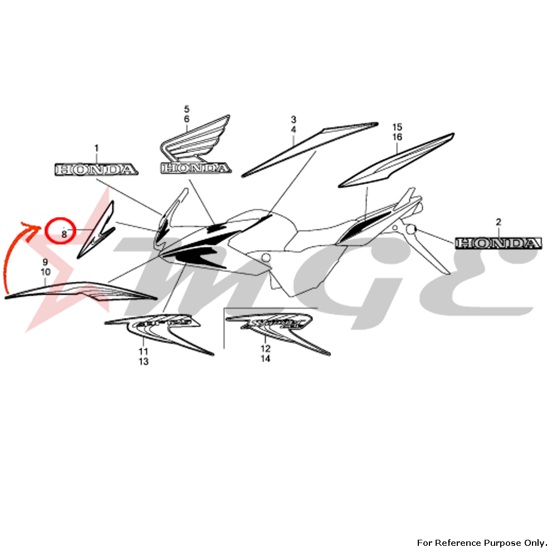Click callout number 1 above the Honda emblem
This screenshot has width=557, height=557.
[96, 148]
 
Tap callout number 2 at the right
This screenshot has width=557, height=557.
[499, 222]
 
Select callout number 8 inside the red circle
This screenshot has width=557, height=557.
[63, 234]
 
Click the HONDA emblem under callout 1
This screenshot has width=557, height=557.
[95, 169]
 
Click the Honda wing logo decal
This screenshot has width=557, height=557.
[195, 148]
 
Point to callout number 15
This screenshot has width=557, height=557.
[397, 127]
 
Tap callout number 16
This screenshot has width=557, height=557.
[397, 137]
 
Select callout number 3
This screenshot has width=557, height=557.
[294, 120]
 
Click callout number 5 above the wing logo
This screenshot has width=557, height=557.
[187, 109]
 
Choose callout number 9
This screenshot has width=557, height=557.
[45, 262]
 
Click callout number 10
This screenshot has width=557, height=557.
[45, 272]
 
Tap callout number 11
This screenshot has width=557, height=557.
[144, 351]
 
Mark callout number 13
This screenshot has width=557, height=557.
[144, 362]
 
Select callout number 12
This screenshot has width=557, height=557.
[265, 349]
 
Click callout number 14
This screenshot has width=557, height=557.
[265, 359]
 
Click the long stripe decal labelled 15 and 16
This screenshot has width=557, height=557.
[397, 160]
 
